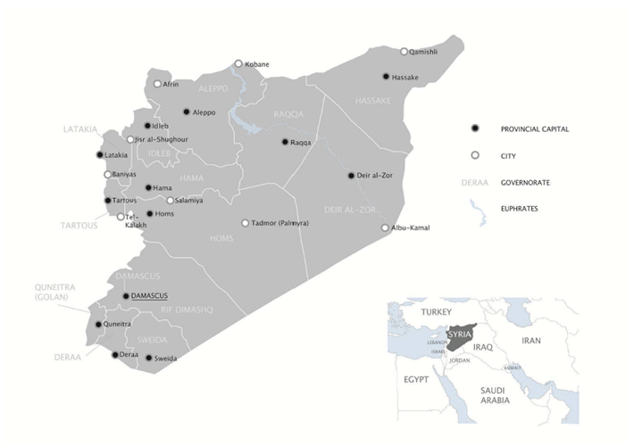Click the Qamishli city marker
point(404,52)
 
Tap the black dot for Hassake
point(386,77)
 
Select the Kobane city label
point(256,64)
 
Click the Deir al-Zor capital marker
point(351,176)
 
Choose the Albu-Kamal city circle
point(385,228)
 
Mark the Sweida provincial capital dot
point(149,358)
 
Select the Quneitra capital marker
point(98,325)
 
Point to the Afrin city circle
point(157,84)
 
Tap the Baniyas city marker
point(108,175)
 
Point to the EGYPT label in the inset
point(416,379)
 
